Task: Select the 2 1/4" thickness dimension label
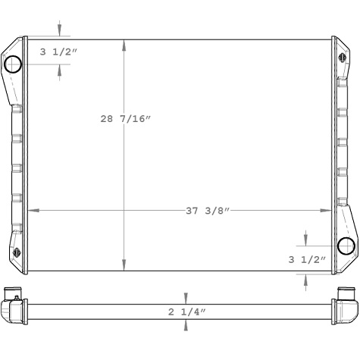pos(186,311)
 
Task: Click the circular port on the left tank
pos(14,67)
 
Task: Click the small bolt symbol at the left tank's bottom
pos(17,253)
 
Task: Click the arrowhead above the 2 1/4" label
pos(186,298)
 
